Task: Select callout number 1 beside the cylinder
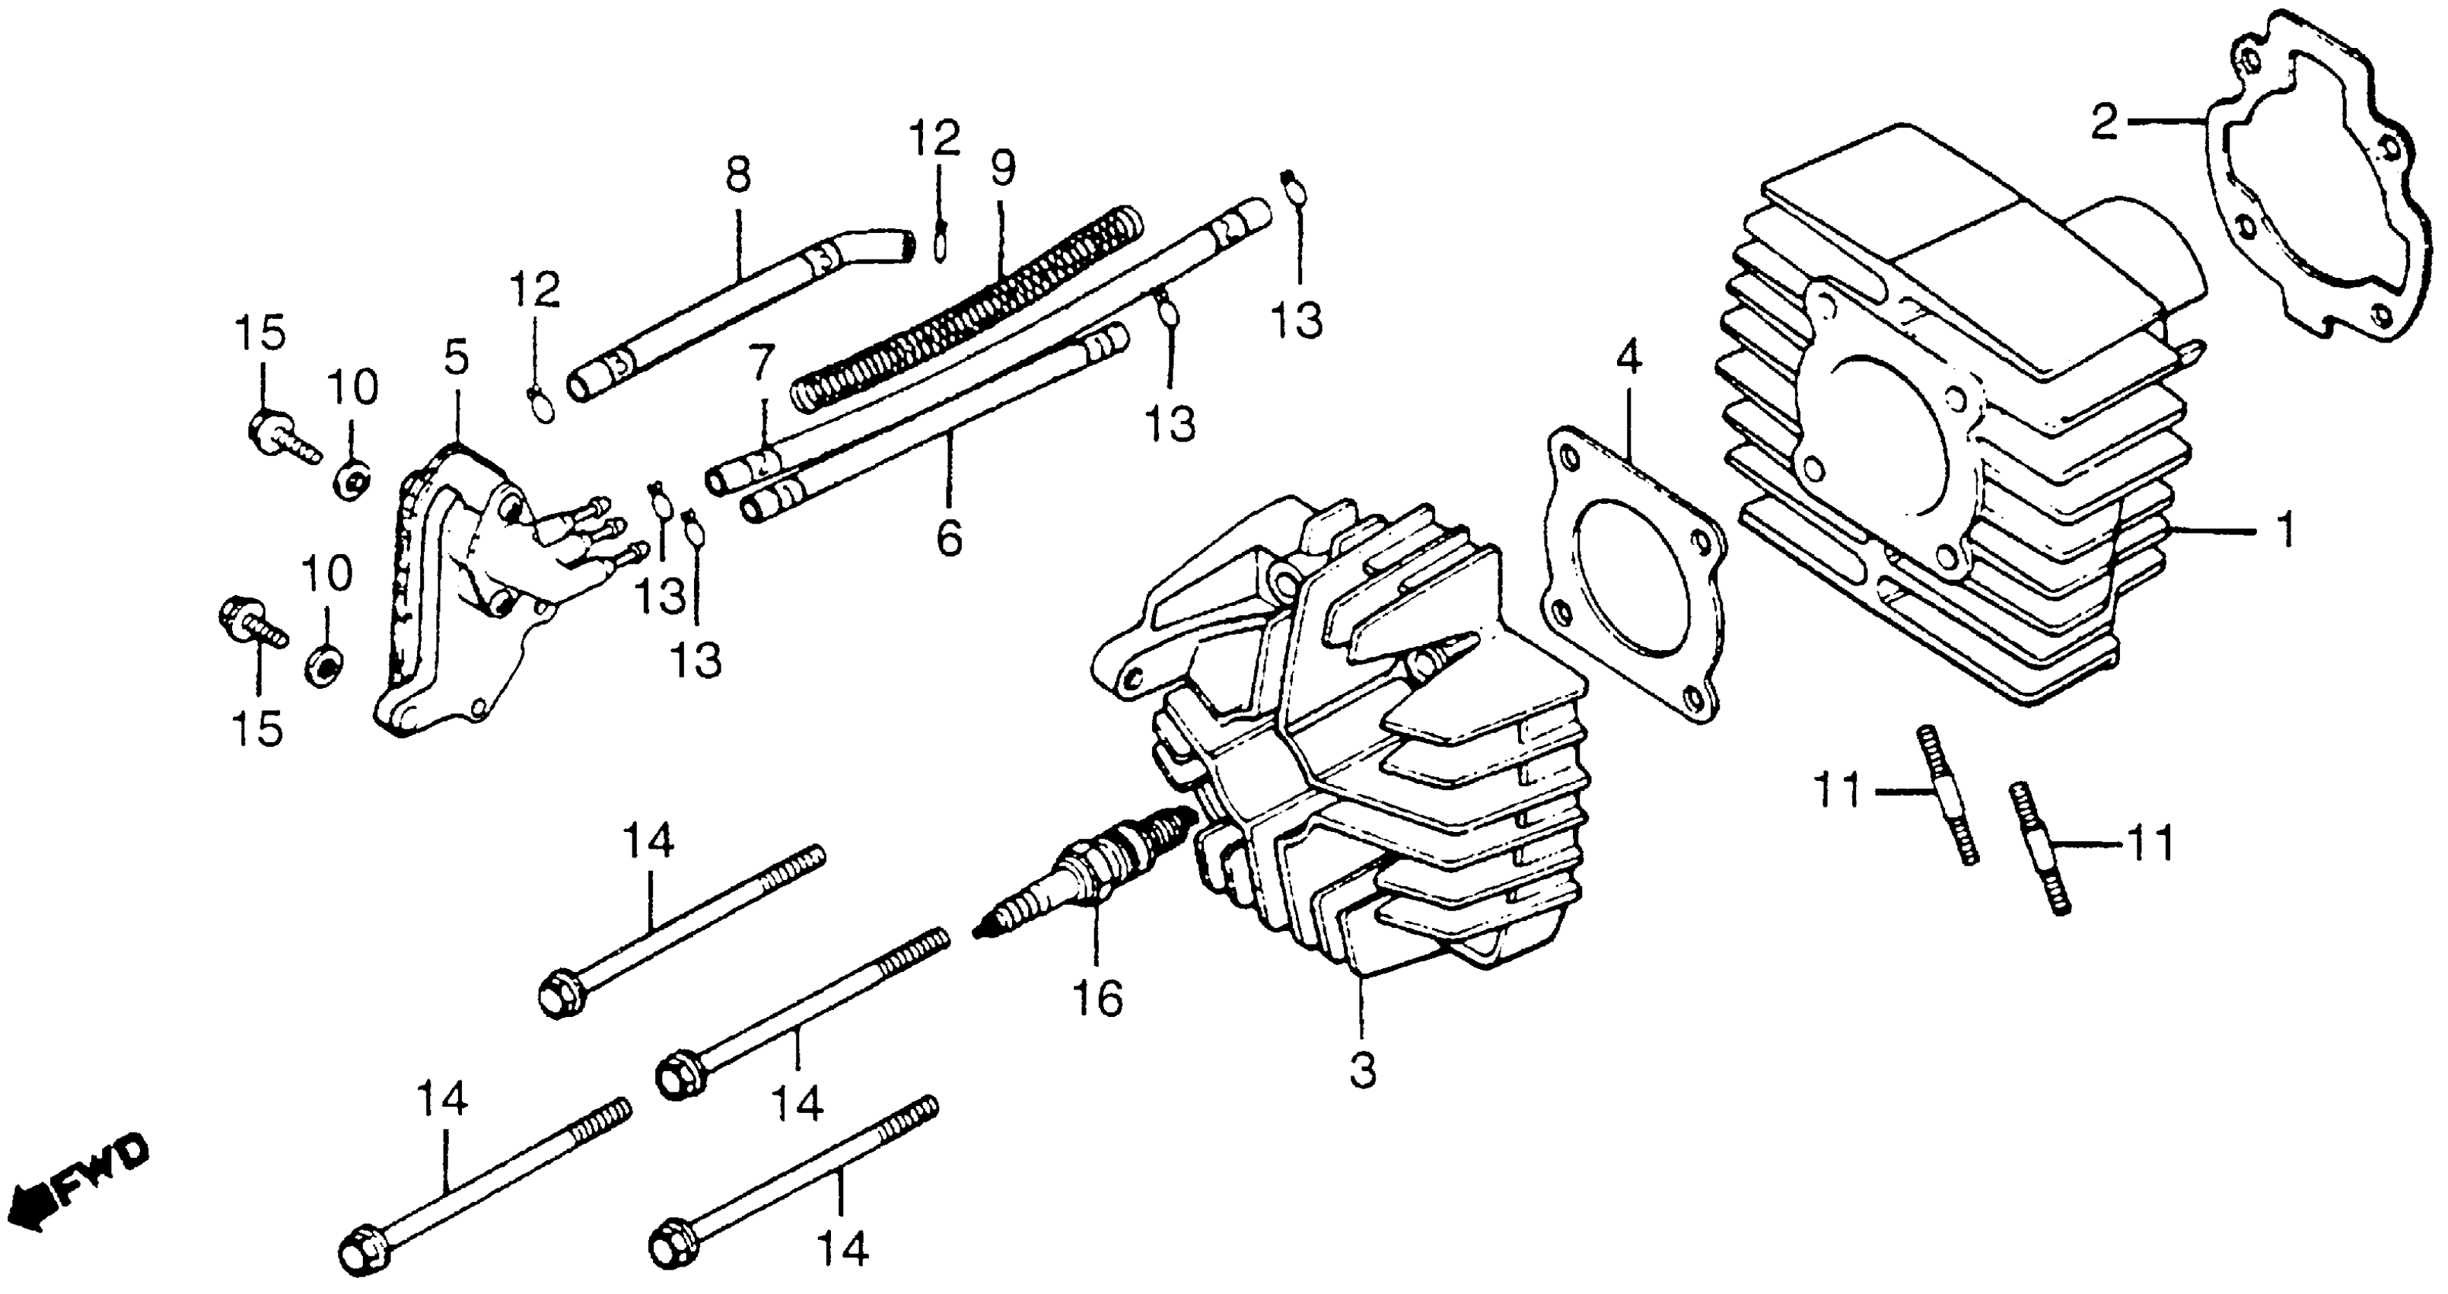[x=2287, y=531]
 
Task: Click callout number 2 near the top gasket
[x=2104, y=123]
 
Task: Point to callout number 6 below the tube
[x=948, y=538]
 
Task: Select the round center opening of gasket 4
[x=1616, y=589]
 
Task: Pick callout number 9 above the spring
[x=1003, y=169]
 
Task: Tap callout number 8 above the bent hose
[x=737, y=175]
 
